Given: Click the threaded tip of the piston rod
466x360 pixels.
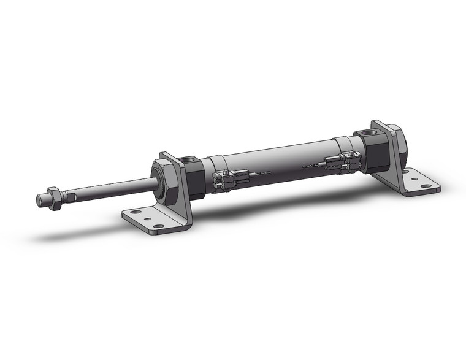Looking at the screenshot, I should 41,200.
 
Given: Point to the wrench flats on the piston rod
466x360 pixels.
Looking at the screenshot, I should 71,196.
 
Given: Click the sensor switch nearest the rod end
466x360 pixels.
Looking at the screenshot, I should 224,180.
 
